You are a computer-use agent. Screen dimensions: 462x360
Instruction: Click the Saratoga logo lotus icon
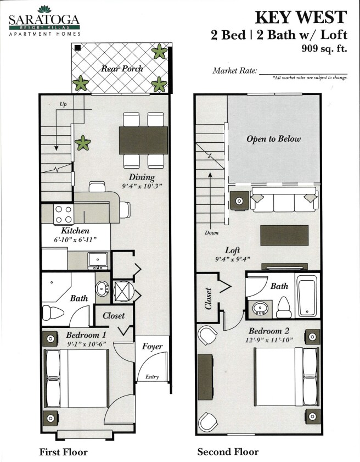(x=43, y=9)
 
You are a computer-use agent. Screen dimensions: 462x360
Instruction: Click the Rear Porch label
(x=122, y=69)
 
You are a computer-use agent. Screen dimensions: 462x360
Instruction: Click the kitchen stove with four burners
(x=63, y=214)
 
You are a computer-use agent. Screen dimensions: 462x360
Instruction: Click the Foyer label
(x=152, y=347)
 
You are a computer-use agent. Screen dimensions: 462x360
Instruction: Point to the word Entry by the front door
(x=151, y=377)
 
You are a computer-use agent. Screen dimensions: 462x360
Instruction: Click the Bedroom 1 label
(x=86, y=335)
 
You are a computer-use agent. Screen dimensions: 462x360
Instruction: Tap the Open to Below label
(x=273, y=139)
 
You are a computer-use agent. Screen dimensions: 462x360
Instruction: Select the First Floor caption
(x=64, y=452)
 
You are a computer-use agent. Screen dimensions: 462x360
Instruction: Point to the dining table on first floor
(x=143, y=140)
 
